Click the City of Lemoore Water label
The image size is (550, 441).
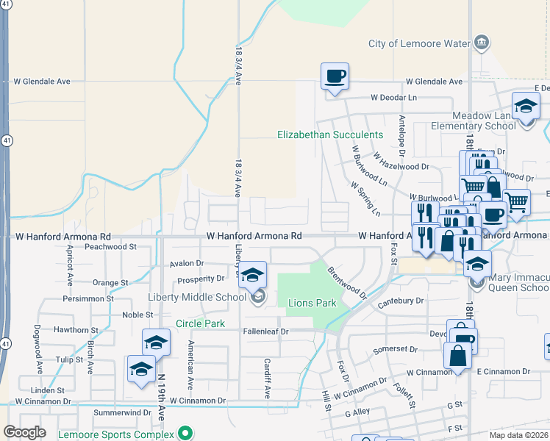tap(418, 43)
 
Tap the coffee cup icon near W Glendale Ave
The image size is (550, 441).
tap(335, 76)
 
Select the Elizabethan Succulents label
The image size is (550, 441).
tap(330, 135)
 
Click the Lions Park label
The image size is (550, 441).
tap(312, 303)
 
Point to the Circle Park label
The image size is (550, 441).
tap(200, 323)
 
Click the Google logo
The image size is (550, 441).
tap(24, 432)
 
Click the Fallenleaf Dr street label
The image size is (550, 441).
tap(267, 331)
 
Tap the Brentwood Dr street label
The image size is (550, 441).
tap(346, 283)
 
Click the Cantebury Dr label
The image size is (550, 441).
tap(401, 301)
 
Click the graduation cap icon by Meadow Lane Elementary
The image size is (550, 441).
tap(526, 107)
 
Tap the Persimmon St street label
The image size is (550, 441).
tap(88, 298)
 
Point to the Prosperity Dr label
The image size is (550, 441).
tap(200, 279)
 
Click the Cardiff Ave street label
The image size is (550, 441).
tap(268, 379)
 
